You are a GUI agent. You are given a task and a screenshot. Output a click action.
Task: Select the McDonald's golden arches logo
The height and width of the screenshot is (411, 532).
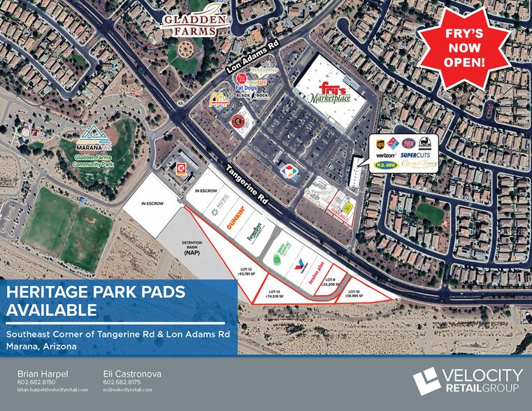click(219, 99)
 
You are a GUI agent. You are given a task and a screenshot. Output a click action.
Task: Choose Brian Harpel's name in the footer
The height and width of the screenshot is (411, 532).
click(43, 374)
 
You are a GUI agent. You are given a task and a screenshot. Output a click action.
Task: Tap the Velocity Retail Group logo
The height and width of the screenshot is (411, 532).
click(466, 380)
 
